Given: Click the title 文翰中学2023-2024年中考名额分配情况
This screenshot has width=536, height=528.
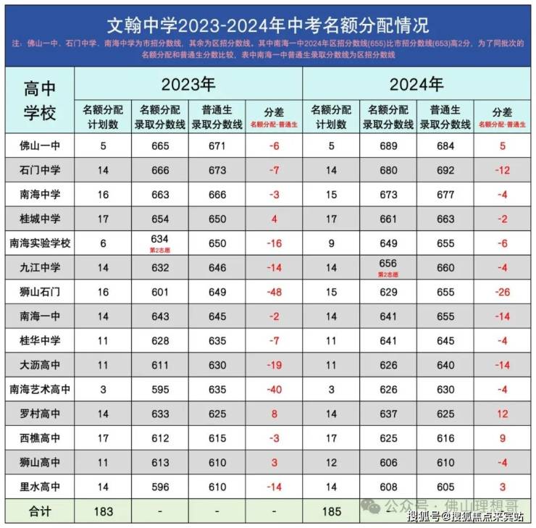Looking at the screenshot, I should coord(268,25).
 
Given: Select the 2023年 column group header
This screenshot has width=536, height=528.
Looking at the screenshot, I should coord(188,85).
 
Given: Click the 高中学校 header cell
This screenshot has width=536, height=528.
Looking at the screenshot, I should coord(39,101).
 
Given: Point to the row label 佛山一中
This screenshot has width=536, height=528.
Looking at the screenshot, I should coord(39,146).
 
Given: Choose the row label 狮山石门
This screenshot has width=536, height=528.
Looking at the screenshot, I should coord(39,292).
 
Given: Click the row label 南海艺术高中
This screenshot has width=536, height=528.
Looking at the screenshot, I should coord(39,390).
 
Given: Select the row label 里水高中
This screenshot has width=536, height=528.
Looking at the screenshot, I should coord(39,487).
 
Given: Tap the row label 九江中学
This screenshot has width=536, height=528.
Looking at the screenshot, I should coord(39,267).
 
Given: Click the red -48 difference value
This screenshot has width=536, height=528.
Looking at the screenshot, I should coord(274,292).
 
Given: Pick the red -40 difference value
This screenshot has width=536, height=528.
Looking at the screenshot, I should coord(274,390).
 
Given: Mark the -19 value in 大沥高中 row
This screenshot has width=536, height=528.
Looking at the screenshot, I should coord(274,365).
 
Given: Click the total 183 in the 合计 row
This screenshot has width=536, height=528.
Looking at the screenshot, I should coord(103,511).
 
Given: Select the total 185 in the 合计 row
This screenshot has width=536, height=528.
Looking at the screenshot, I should coord(331,511).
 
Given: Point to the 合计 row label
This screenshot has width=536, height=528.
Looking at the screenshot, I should coord(39,511).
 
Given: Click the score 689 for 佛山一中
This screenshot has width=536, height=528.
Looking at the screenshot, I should coord(388,146).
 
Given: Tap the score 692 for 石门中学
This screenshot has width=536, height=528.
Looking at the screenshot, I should coord(445,170).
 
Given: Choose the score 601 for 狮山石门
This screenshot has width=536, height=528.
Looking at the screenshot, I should coord(160,292).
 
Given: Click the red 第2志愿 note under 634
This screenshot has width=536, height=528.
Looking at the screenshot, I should coord(160,251).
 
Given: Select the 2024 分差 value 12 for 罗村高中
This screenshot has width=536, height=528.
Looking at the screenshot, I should coord(502,414).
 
